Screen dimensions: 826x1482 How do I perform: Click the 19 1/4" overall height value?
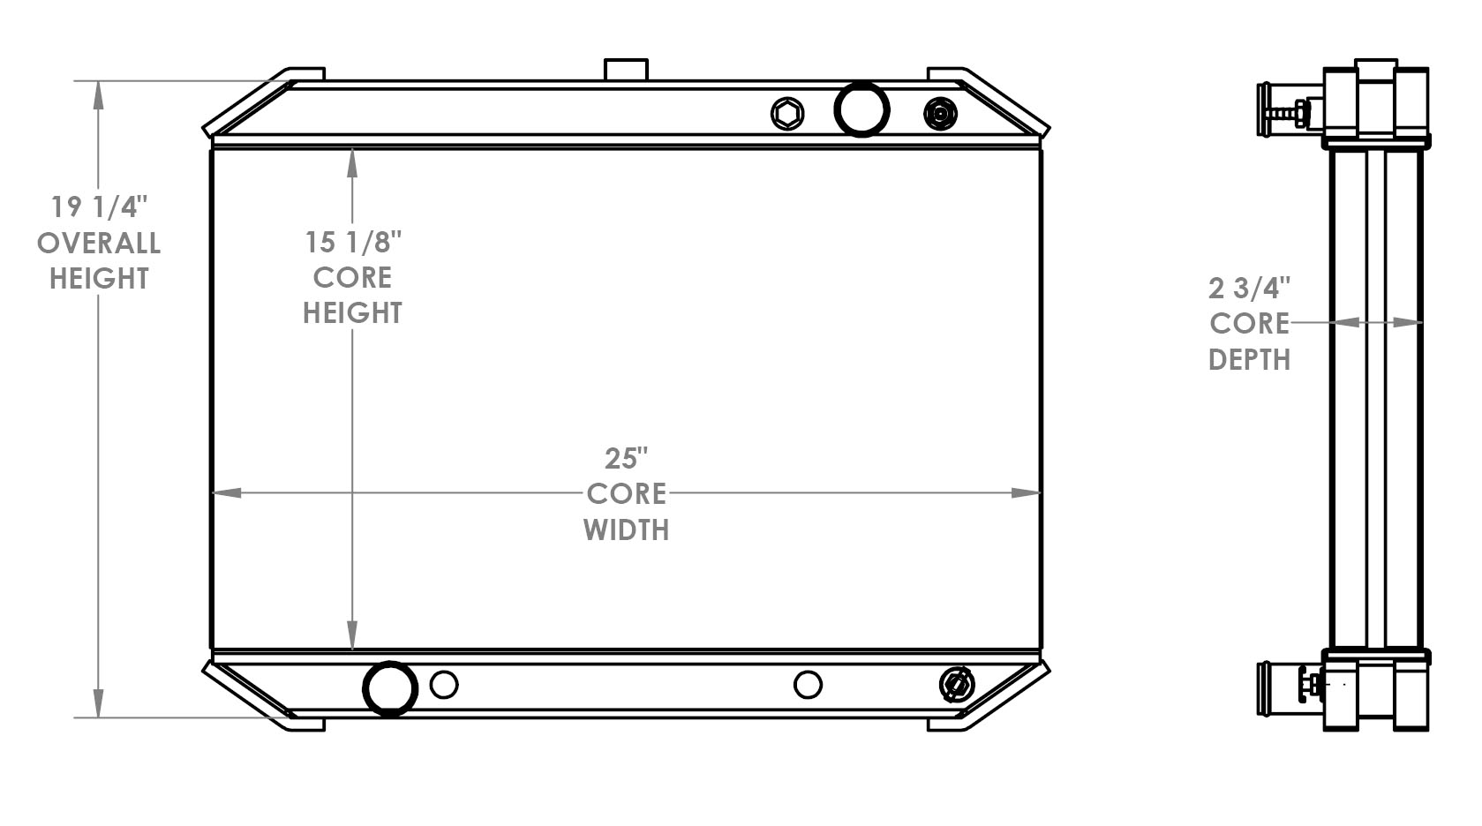click(97, 207)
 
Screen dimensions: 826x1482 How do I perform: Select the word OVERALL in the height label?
click(98, 243)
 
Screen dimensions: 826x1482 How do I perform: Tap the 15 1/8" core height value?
click(353, 242)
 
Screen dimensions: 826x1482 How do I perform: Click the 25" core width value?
click(626, 459)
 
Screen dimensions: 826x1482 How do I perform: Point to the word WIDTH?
click(626, 529)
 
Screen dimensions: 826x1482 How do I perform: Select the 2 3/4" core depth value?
click(1249, 289)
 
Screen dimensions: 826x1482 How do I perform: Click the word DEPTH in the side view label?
click(1249, 360)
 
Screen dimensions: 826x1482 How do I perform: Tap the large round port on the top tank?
click(861, 109)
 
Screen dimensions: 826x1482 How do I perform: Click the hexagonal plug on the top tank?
click(786, 114)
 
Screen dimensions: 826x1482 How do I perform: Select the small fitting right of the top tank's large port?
click(940, 113)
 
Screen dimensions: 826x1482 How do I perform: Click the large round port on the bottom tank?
click(390, 687)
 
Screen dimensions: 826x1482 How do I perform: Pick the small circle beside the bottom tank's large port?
click(444, 685)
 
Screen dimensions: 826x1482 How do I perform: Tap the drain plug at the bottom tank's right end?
click(957, 685)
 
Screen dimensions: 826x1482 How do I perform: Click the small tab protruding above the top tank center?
click(626, 70)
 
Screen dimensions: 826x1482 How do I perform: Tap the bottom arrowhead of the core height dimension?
click(353, 636)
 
